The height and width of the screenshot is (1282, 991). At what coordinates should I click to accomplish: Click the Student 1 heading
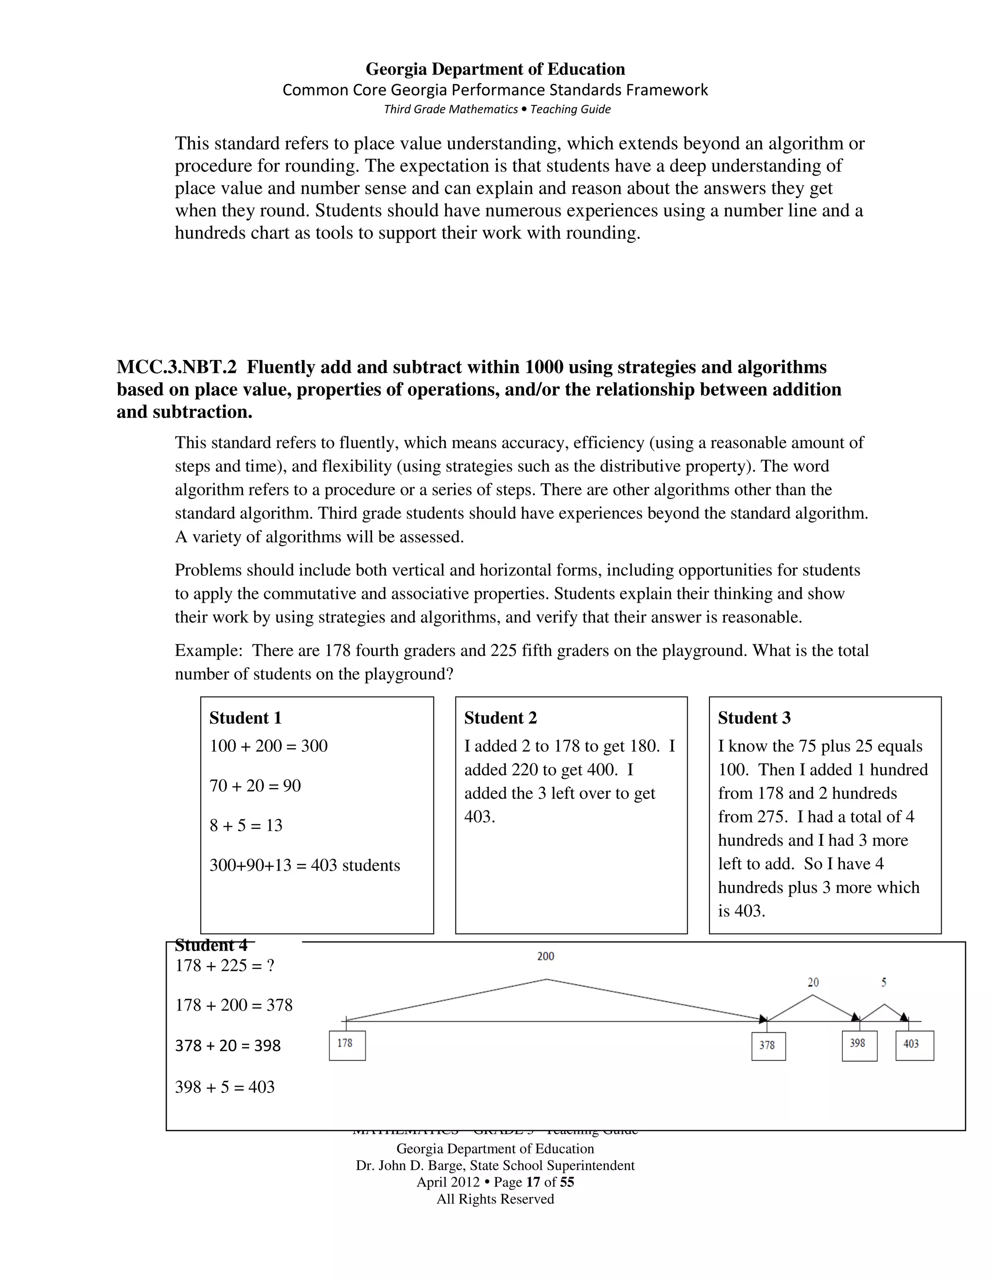pyautogui.click(x=245, y=718)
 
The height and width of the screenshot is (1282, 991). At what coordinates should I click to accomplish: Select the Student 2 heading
pyautogui.click(x=500, y=718)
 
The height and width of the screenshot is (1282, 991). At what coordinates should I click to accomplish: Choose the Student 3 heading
pyautogui.click(x=754, y=718)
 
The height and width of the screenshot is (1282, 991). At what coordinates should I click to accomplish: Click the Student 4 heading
pyautogui.click(x=211, y=946)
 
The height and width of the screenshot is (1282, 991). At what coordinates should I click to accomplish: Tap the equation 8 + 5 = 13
pyautogui.click(x=246, y=825)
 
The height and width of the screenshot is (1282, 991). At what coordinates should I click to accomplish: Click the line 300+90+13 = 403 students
pyautogui.click(x=305, y=865)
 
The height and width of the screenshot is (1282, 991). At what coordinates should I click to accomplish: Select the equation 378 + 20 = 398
pyautogui.click(x=228, y=1045)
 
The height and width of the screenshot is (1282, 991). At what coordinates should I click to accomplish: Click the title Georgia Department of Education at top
pyautogui.click(x=495, y=69)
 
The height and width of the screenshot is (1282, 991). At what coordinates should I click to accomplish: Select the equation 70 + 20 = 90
pyautogui.click(x=255, y=785)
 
